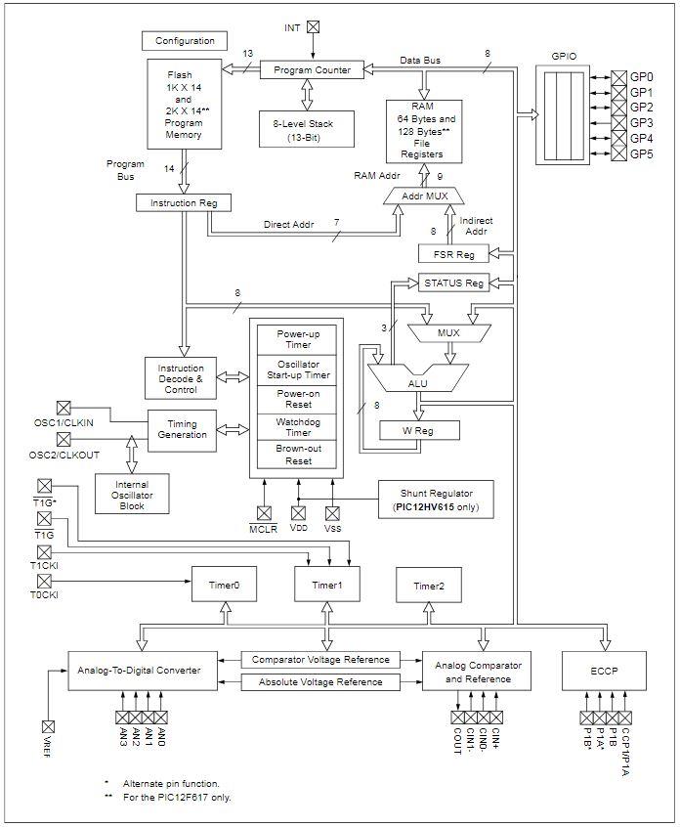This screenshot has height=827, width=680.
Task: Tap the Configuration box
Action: (185, 40)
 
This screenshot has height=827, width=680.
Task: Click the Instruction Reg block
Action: (184, 202)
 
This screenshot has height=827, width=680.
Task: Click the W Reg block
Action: (418, 430)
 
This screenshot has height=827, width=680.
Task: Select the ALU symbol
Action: (417, 377)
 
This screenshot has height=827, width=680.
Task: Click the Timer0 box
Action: (224, 585)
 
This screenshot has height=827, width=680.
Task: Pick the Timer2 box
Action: (428, 585)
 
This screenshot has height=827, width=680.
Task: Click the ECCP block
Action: (604, 670)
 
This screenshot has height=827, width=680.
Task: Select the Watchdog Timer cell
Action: (298, 426)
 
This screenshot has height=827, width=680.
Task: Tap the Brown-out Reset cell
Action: (298, 454)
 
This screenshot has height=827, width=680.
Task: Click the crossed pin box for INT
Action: (313, 27)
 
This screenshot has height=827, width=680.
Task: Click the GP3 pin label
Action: (642, 123)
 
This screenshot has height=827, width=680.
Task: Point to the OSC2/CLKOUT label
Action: (65, 457)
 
